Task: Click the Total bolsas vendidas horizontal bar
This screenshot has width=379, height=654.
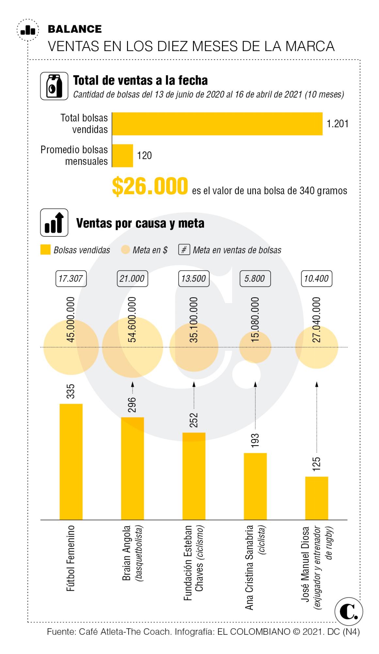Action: click(217, 124)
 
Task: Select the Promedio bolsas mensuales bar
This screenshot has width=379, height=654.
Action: click(123, 155)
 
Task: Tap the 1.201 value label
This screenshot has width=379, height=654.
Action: click(338, 124)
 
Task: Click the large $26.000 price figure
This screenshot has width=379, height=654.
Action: click(150, 187)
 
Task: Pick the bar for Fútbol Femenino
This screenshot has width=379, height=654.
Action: click(71, 461)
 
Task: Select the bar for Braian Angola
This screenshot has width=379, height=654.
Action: click(132, 468)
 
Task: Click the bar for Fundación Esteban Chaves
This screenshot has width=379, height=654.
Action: click(194, 476)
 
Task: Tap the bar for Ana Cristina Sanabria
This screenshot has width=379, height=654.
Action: click(255, 486)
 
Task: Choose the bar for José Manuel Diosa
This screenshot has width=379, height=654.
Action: click(316, 498)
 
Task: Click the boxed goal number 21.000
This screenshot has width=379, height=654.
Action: click(132, 279)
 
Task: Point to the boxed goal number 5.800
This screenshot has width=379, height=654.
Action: click(255, 279)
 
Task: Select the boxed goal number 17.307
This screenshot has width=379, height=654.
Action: click(71, 279)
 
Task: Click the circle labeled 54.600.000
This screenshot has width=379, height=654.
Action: click(132, 347)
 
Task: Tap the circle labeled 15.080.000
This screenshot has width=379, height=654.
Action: click(255, 347)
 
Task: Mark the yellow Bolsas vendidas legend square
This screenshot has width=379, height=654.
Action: click(45, 250)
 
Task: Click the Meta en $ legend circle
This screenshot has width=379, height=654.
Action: click(126, 250)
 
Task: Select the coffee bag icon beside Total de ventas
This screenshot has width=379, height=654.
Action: click(54, 86)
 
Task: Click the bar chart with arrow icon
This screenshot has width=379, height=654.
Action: click(54, 222)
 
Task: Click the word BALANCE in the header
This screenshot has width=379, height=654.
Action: click(75, 29)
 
